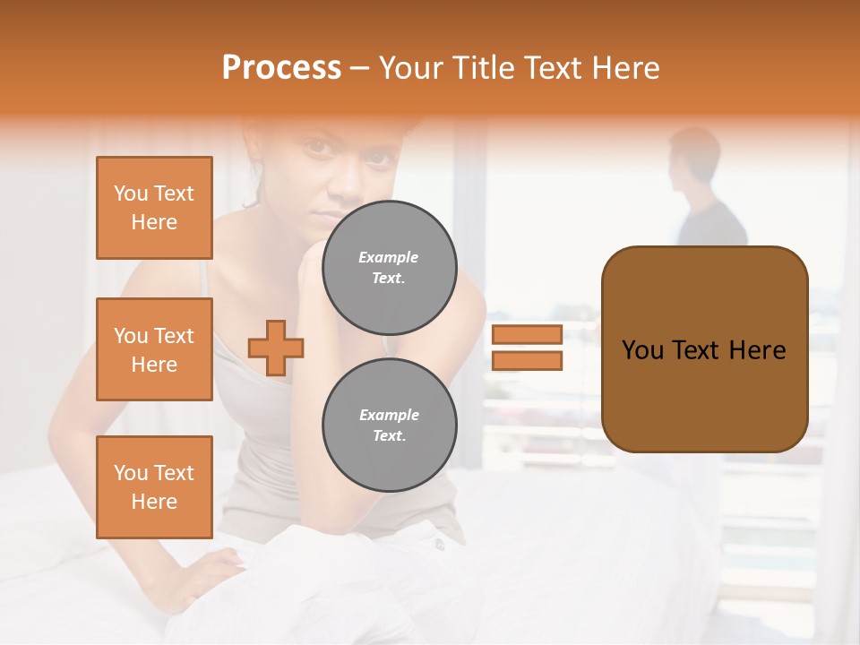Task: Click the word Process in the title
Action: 281,67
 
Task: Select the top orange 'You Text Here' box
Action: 154,208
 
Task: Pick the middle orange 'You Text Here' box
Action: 154,349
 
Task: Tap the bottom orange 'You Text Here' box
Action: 154,487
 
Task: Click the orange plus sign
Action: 276,348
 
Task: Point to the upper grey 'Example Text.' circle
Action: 389,267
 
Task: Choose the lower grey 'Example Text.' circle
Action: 389,425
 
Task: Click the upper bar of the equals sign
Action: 527,334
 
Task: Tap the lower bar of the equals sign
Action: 527,361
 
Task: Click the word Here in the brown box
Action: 757,349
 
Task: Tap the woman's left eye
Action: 381,158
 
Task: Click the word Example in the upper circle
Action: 389,257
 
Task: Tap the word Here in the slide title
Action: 626,68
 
